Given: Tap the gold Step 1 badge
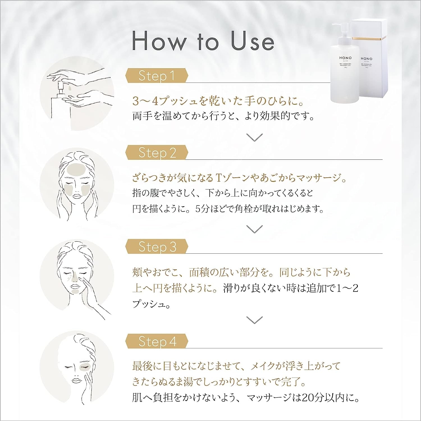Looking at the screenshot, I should pyautogui.click(x=157, y=76).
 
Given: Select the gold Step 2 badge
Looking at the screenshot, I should pyautogui.click(x=157, y=153).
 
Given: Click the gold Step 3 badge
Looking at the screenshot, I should pyautogui.click(x=157, y=247).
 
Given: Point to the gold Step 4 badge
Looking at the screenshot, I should pyautogui.click(x=157, y=342).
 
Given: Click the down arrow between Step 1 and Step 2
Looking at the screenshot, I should pyautogui.click(x=254, y=137).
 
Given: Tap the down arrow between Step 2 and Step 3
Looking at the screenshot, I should pyautogui.click(x=254, y=229).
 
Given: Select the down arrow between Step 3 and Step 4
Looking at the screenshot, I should pyautogui.click(x=254, y=320).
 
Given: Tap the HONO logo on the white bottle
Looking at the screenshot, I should pyautogui.click(x=345, y=58).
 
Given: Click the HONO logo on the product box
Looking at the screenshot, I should pyautogui.click(x=366, y=59).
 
